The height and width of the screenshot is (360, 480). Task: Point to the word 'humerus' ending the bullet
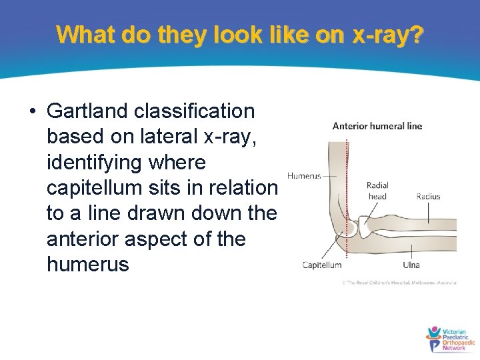tap(87, 265)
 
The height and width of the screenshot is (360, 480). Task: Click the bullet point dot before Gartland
tap(33, 111)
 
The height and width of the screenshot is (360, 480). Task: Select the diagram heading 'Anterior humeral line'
tap(377, 126)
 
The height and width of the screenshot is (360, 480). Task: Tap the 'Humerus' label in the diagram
tap(304, 176)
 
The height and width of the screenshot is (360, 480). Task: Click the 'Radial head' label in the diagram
tap(377, 191)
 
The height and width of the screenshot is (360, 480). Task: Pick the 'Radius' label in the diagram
tap(428, 197)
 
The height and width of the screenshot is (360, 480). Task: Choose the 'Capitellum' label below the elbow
tap(322, 265)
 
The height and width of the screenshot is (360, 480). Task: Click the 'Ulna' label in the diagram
tap(411, 265)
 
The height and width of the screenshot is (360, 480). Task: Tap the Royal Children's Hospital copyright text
tap(399, 283)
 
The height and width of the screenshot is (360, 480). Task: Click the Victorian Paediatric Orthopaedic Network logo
tap(450, 339)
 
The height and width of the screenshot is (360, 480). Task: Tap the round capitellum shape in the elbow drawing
tap(350, 229)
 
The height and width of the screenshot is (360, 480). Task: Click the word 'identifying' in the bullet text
tap(93, 162)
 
